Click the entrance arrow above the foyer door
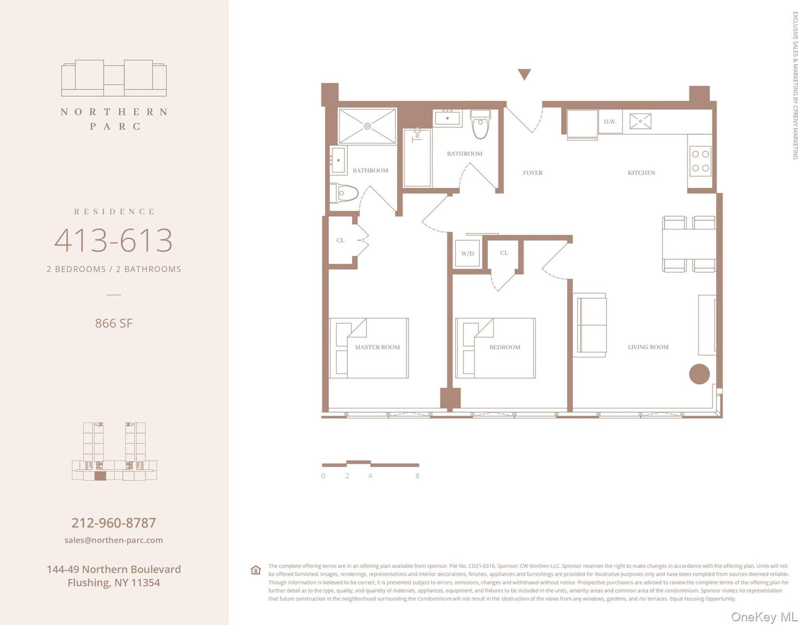(524, 74)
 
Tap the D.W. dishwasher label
(610, 122)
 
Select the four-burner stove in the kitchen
(700, 161)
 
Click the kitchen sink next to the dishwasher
(640, 121)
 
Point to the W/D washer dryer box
(467, 254)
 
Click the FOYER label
(533, 173)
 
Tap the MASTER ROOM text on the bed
(377, 347)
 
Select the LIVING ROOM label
(648, 347)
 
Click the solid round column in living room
(699, 374)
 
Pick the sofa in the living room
(591, 325)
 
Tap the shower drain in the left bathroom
(367, 126)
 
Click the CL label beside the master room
(340, 240)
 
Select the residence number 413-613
(114, 240)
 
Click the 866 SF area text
(114, 323)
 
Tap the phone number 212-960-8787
(114, 523)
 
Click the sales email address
(114, 540)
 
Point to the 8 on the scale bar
(417, 476)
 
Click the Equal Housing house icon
(256, 570)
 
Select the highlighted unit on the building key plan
(100, 476)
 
